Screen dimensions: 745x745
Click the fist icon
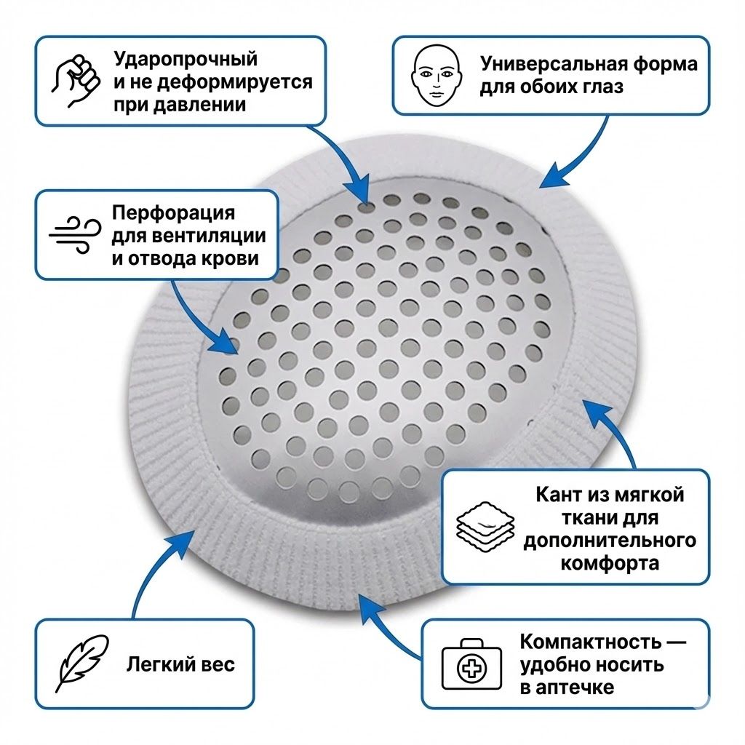coord(76,81)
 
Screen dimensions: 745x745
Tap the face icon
coord(437,76)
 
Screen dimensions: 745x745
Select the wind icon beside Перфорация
coord(75,235)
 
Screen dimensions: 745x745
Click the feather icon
coord(81,664)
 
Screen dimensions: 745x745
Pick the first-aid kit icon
coord(471,664)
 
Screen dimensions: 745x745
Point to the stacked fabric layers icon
coord(485,527)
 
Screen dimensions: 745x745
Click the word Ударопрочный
coord(186,60)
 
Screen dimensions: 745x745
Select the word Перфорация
coord(173,213)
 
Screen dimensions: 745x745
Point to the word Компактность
coord(590,642)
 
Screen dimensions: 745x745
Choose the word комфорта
coord(610,564)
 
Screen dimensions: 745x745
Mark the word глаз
coord(600,87)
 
